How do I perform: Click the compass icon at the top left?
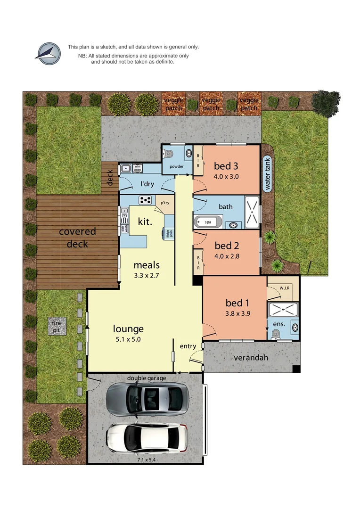pos(48,53)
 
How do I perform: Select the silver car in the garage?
pos(147,399)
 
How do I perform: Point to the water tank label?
pos(268,174)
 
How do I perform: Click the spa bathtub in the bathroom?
pos(208,222)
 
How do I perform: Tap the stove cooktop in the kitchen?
pos(145,200)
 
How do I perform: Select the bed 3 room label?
pos(226,166)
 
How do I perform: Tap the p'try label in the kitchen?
pos(164,203)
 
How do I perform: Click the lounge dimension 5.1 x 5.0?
pos(128,339)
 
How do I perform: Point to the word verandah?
pos(251,358)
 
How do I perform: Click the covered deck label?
pos(77,238)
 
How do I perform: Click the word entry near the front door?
pos(188,346)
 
